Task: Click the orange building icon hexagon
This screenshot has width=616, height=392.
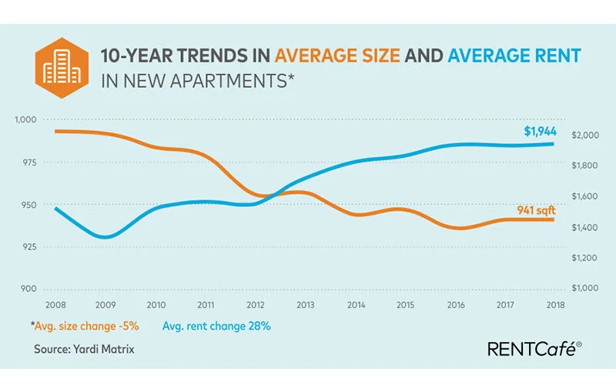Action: tap(59, 66)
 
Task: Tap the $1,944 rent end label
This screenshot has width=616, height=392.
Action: tap(540, 132)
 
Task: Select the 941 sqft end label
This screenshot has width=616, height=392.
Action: tap(537, 209)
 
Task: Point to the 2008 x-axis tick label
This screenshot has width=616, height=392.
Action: tap(54, 305)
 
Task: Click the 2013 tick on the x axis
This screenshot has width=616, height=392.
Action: tap(306, 305)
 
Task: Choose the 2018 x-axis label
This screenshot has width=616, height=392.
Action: tap(555, 305)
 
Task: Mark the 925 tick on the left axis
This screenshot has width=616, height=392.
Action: tap(28, 246)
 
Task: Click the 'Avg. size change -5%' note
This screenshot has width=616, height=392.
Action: tap(85, 326)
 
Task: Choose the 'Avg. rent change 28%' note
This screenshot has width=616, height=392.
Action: tap(216, 326)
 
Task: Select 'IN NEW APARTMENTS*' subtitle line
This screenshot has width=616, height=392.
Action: tap(198, 79)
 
